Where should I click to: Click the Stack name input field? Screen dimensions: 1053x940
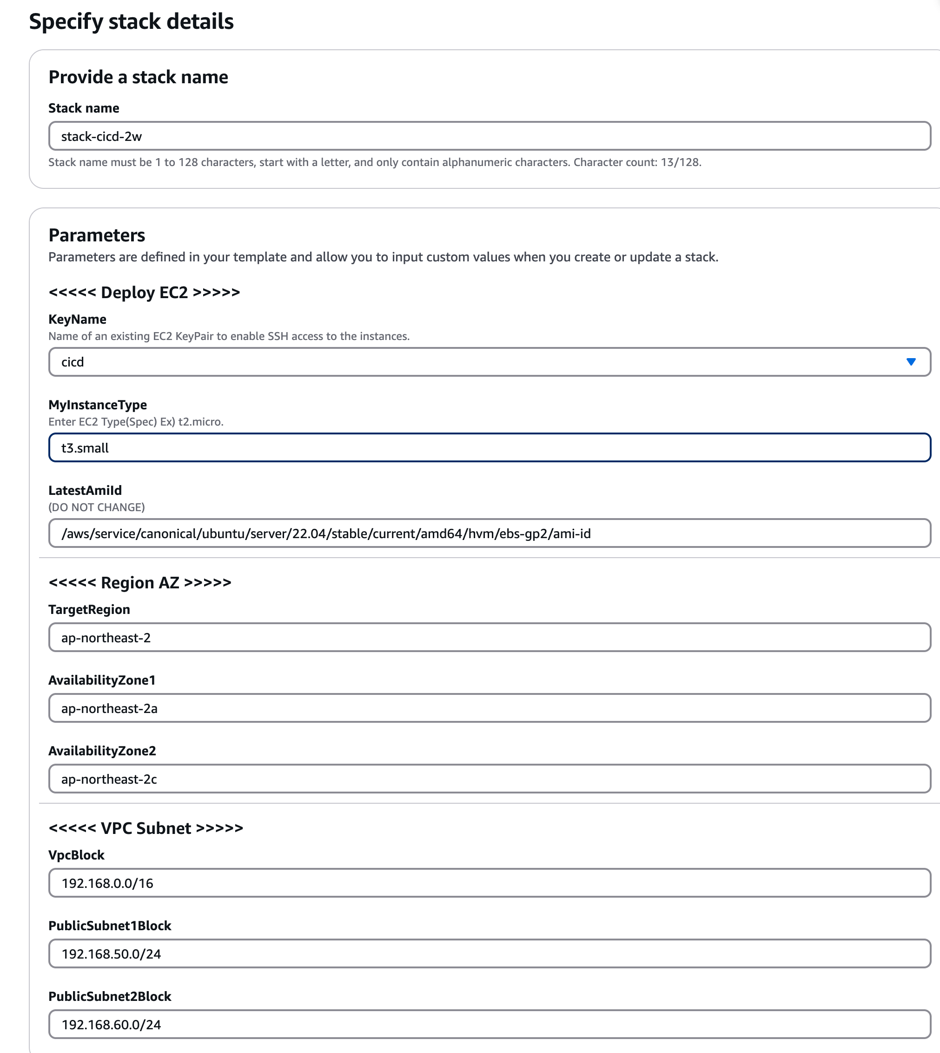click(489, 136)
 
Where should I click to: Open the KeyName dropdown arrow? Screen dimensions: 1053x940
click(911, 362)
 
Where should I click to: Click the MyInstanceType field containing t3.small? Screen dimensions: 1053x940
click(489, 447)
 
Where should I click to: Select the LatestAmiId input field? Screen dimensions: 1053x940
click(489, 533)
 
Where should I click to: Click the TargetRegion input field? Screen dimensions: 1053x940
click(489, 638)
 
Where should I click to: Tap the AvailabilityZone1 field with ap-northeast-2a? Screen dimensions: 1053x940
click(489, 708)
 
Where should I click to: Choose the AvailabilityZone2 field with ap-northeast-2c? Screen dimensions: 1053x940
click(489, 779)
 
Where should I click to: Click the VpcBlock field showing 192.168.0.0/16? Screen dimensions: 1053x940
click(489, 883)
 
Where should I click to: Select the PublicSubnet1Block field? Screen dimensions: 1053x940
click(489, 954)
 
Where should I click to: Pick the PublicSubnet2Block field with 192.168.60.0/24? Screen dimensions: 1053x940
click(489, 1025)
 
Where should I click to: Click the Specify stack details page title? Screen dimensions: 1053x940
click(131, 22)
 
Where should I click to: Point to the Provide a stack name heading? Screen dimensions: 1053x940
click(138, 77)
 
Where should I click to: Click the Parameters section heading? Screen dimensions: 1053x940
click(97, 235)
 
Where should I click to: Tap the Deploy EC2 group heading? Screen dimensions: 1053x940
click(144, 293)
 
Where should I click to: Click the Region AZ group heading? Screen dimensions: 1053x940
click(139, 583)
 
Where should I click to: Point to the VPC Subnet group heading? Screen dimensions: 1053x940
click(146, 828)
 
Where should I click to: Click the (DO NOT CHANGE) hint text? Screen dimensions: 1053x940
click(97, 507)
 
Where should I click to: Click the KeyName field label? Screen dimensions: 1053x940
click(78, 320)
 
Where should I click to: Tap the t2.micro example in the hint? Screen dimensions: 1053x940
click(200, 421)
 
